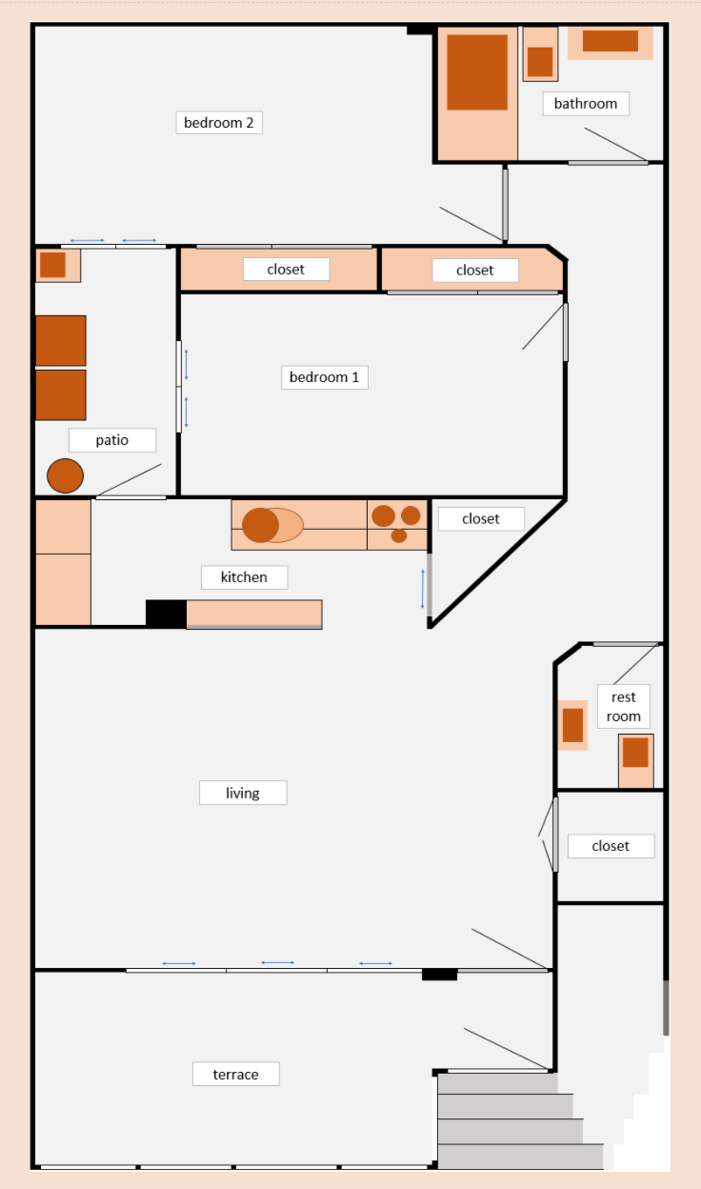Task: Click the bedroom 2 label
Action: pyautogui.click(x=219, y=123)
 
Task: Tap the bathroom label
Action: pyautogui.click(x=586, y=104)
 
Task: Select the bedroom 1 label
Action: pyautogui.click(x=324, y=377)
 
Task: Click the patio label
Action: pyautogui.click(x=112, y=440)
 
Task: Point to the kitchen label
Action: pyautogui.click(x=244, y=577)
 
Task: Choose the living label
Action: pyautogui.click(x=243, y=793)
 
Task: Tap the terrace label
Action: pyautogui.click(x=235, y=1074)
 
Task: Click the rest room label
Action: pyautogui.click(x=624, y=707)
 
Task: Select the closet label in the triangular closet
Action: pyautogui.click(x=481, y=518)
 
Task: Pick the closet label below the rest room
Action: pyautogui.click(x=611, y=846)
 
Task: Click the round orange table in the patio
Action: pyautogui.click(x=66, y=475)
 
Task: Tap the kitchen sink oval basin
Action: pyautogui.click(x=272, y=525)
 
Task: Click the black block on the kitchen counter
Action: pyautogui.click(x=166, y=615)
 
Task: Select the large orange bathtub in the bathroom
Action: pyautogui.click(x=477, y=72)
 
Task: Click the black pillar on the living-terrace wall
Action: pyautogui.click(x=439, y=974)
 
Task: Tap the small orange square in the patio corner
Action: pyautogui.click(x=52, y=264)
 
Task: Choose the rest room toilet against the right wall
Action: pyautogui.click(x=635, y=760)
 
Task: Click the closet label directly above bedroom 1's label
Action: pyautogui.click(x=286, y=269)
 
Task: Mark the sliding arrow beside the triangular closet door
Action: pyautogui.click(x=422, y=589)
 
